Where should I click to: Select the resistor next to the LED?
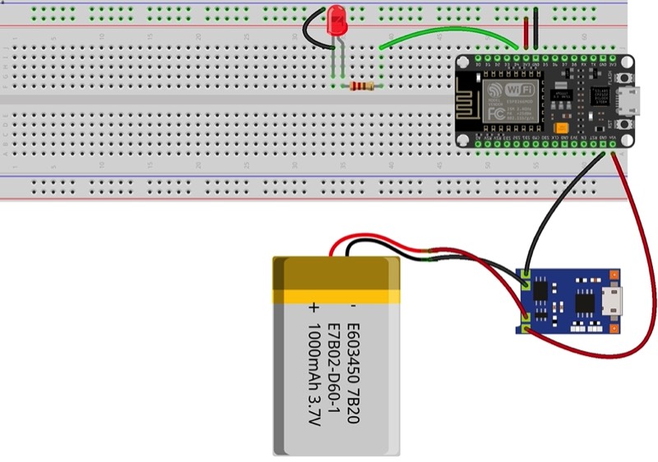pyautogui.click(x=359, y=85)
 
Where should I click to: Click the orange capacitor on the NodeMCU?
pyautogui.click(x=560, y=127)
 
